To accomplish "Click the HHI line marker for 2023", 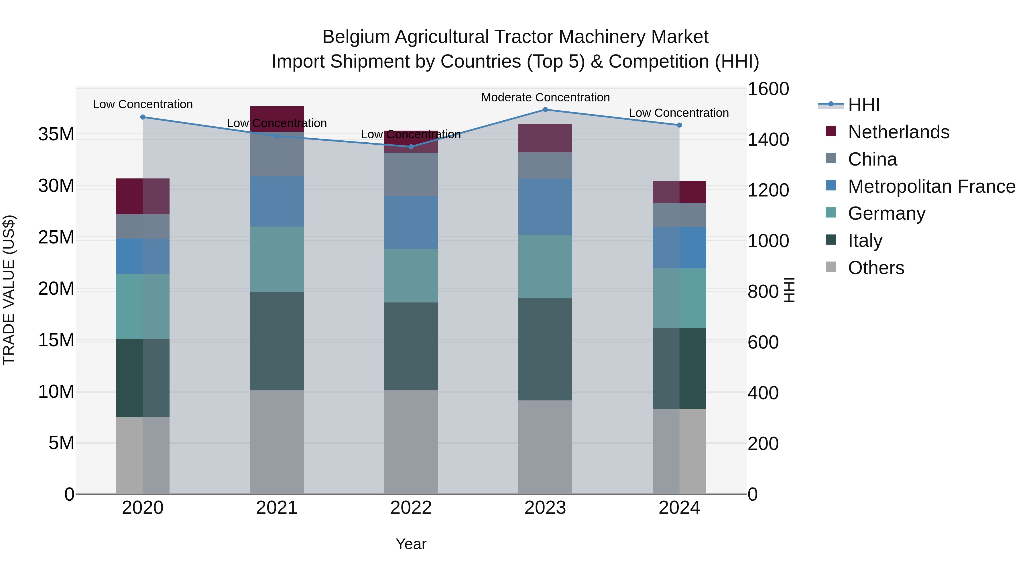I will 545,110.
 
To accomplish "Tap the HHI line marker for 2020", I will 143,117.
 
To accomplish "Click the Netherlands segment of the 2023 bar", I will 545,138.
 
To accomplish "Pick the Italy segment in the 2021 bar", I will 277,341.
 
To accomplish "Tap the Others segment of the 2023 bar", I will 545,447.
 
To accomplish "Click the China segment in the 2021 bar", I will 277,154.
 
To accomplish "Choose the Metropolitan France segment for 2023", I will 545,207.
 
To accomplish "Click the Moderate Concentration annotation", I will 545,97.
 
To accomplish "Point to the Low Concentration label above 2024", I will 679,113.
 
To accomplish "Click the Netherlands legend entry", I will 898,132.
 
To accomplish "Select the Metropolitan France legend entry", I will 931,186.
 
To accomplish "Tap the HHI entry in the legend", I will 864,105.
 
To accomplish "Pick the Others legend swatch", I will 831,267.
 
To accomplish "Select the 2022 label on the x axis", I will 411,508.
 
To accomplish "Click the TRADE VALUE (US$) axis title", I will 9,290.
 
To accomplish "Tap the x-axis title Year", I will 411,544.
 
